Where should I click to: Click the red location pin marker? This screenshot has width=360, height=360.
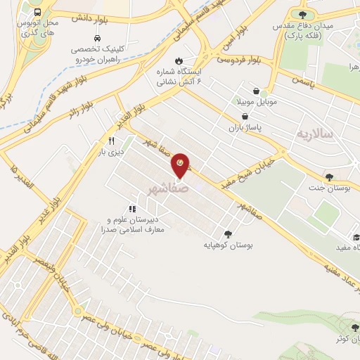click(x=181, y=166)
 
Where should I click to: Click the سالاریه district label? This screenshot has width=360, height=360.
click(x=313, y=134)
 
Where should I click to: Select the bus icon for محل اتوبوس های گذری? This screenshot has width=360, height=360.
click(x=37, y=13)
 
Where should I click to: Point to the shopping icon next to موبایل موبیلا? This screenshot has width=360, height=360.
click(x=255, y=91)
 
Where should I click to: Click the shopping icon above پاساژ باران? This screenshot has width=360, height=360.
click(x=244, y=117)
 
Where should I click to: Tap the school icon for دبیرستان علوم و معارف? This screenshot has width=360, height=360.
click(x=131, y=209)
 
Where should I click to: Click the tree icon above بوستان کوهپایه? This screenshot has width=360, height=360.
click(x=227, y=234)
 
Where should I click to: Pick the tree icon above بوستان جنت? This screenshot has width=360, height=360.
click(x=328, y=176)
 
